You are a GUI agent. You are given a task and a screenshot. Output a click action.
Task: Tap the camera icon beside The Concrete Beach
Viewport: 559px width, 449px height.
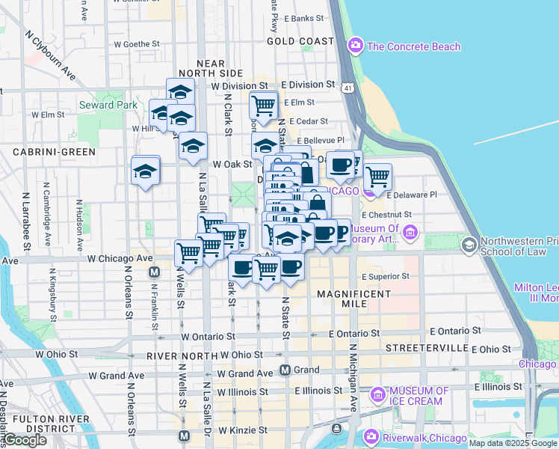356,46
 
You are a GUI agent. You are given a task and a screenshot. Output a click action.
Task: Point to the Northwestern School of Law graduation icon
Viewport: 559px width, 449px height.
469,245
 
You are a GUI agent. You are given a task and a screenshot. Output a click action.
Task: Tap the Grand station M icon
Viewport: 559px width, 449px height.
285,370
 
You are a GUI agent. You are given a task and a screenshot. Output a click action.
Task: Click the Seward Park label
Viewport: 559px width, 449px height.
108,105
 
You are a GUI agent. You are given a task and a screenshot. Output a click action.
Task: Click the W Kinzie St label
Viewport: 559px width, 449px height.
243,430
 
